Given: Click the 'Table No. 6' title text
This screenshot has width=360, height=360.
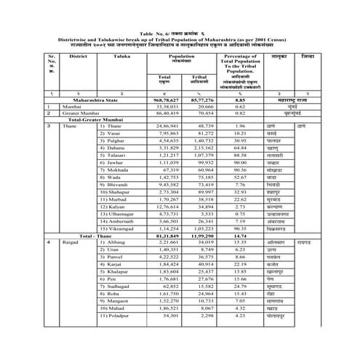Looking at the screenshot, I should point(180,33).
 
